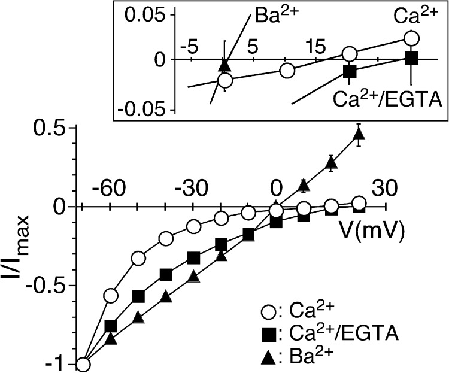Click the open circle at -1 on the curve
pos(83,364)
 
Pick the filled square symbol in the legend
pos(269,333)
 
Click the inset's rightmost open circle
pos(411,38)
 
